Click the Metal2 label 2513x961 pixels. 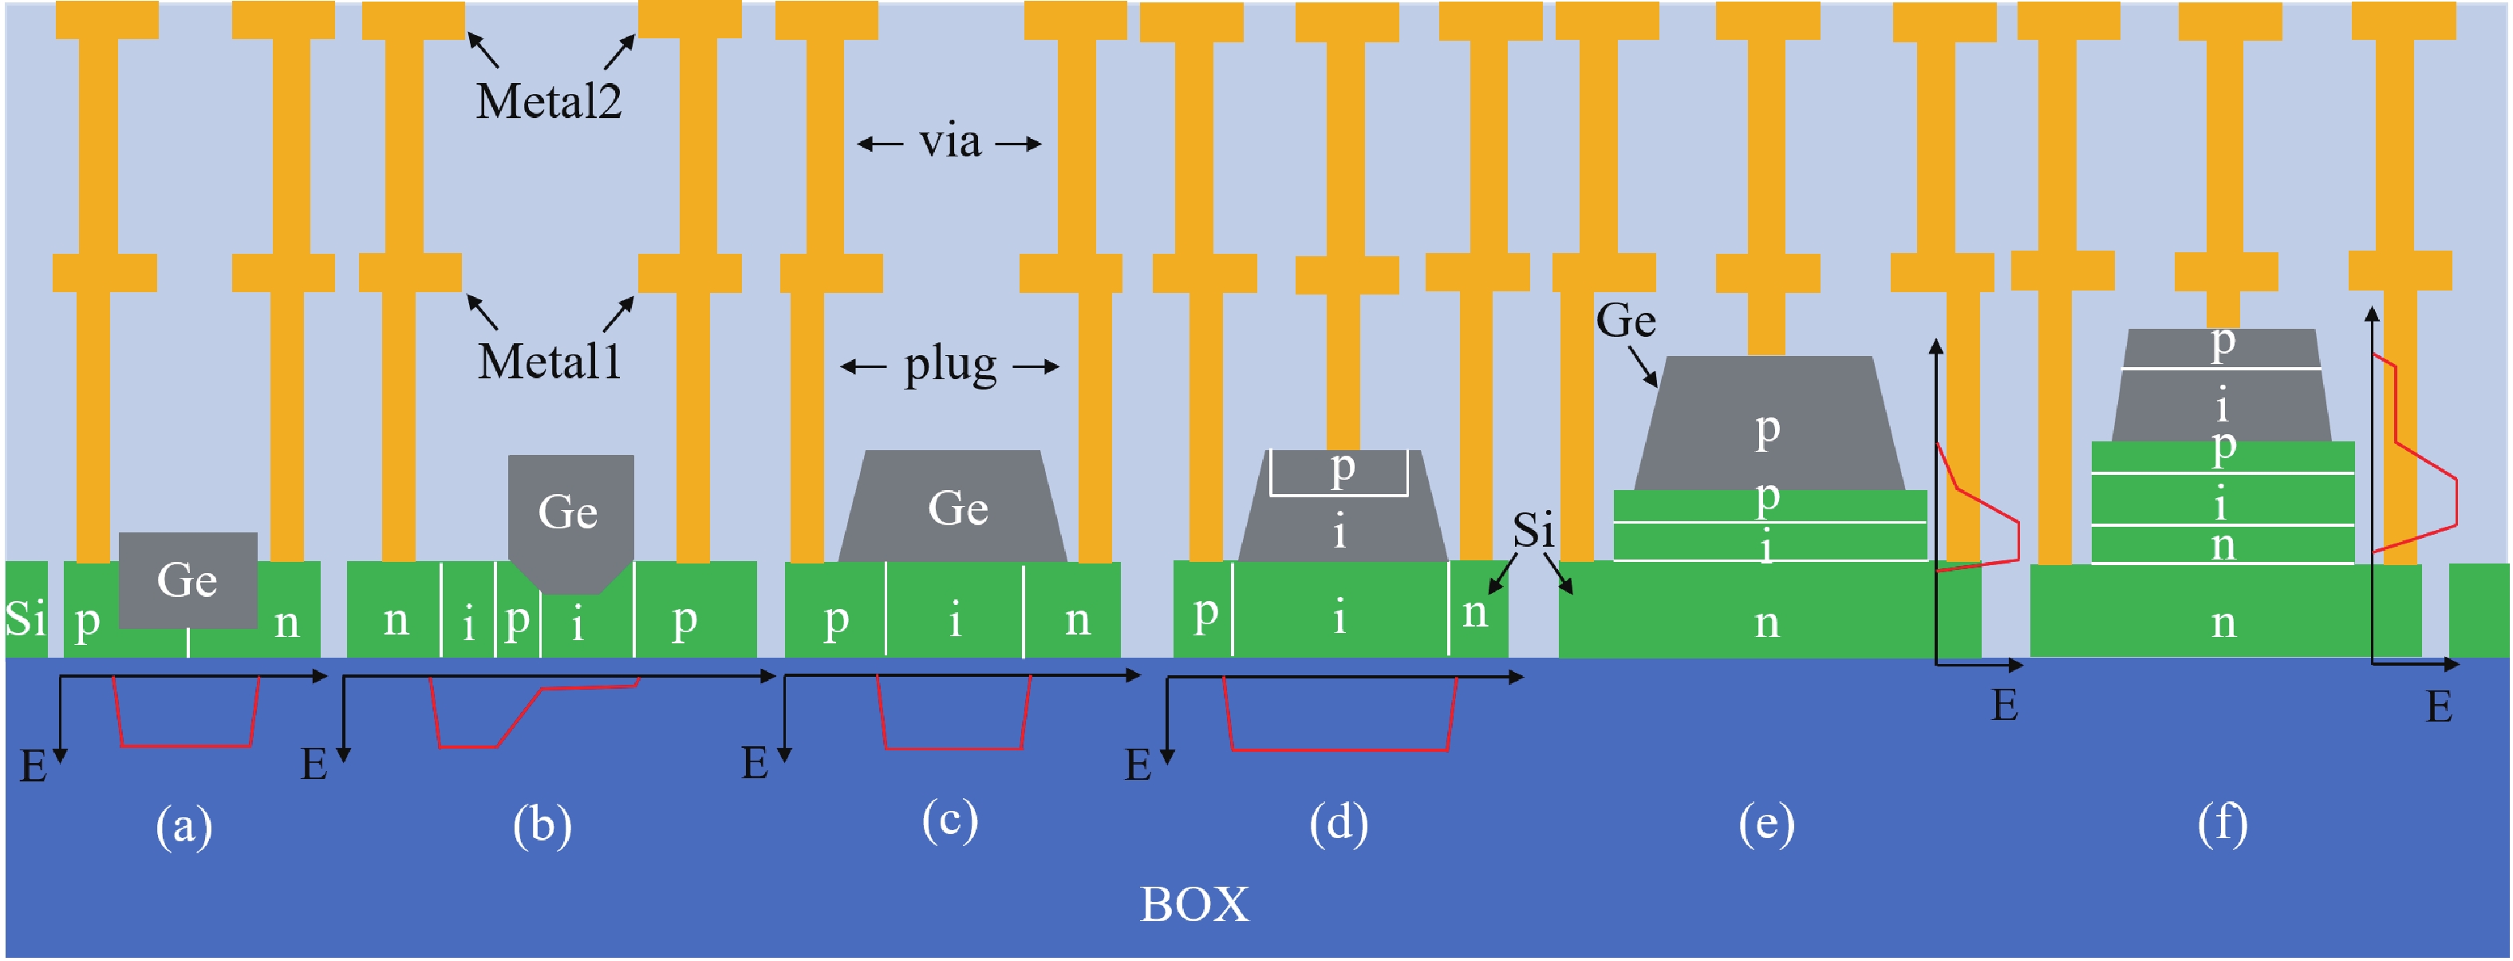point(548,101)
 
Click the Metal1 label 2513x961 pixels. point(549,362)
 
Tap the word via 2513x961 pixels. point(949,142)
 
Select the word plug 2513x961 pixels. point(950,366)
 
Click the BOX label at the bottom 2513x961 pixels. point(1194,904)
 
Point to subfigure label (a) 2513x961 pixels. point(184,828)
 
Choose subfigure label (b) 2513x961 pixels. point(542,825)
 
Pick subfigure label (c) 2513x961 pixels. point(949,821)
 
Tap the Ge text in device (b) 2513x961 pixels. point(568,512)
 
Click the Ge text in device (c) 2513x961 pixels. point(958,508)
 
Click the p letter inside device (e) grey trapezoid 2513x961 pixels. point(1767,429)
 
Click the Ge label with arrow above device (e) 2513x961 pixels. point(1625,321)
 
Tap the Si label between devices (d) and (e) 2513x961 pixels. point(1533,531)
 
